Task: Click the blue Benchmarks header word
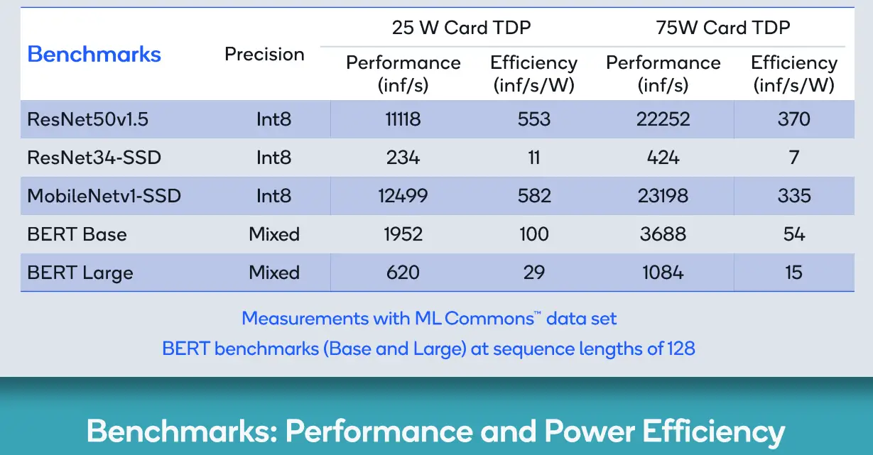94,54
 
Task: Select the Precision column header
264,54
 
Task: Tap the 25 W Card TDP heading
462,28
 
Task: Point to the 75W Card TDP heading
723,28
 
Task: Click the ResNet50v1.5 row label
87,119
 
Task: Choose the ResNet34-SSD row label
94,158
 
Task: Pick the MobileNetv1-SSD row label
104,195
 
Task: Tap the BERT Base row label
77,234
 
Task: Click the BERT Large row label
80,273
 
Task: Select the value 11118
403,119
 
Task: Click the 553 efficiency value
534,119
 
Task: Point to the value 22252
663,119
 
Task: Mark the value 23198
663,195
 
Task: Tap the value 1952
403,234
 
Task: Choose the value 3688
663,234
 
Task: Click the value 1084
663,273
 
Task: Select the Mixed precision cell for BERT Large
274,273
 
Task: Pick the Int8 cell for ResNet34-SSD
273,158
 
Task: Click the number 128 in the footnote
681,349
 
